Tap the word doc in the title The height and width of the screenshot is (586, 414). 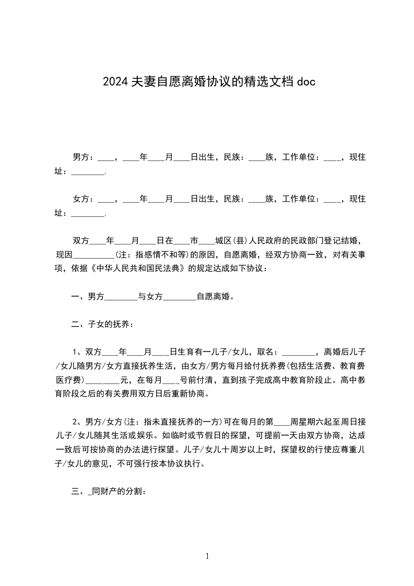[x=305, y=81]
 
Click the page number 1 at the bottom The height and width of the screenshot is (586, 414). [x=207, y=556]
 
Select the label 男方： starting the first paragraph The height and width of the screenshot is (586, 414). [x=83, y=157]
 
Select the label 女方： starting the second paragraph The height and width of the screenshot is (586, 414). [x=83, y=198]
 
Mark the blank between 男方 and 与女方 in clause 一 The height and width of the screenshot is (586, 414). [x=121, y=297]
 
